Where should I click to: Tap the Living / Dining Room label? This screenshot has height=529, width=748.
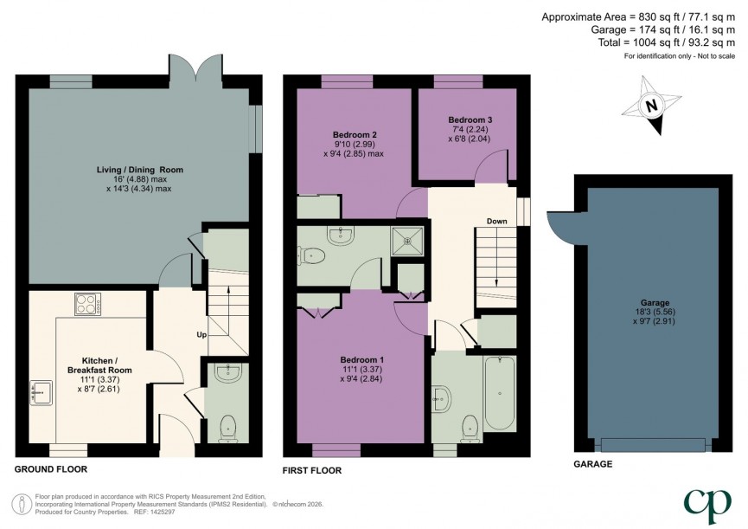[x=139, y=169]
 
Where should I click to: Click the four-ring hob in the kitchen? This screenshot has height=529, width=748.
[x=87, y=305]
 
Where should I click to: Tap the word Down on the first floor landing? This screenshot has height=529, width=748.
[x=496, y=221]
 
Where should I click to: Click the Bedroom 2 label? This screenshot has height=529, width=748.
[x=355, y=135]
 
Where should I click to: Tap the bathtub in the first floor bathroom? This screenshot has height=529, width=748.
[x=500, y=394]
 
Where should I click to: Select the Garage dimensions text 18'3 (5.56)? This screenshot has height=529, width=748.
[x=653, y=313]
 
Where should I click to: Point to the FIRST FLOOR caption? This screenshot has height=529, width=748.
[x=312, y=471]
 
